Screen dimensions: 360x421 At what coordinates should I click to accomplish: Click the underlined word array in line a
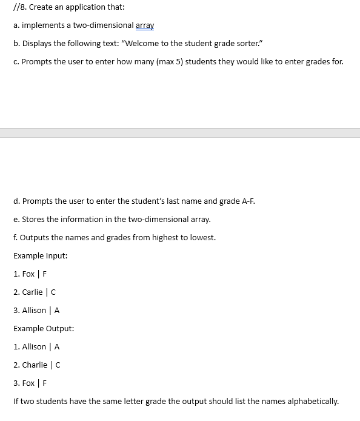[x=145, y=25]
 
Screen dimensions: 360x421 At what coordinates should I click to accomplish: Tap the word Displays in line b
[x=38, y=44]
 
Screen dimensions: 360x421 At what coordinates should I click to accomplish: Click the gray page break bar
[x=180, y=132]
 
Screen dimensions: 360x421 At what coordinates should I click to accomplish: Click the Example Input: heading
[x=40, y=256]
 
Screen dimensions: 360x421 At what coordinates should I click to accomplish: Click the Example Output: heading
[x=44, y=329]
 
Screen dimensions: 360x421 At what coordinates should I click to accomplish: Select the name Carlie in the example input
[x=32, y=292]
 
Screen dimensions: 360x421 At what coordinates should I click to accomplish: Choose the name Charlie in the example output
[x=35, y=365]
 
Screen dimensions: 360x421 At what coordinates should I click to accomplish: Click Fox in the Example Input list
[x=28, y=274]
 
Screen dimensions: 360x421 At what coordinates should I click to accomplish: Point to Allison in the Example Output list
[x=34, y=347]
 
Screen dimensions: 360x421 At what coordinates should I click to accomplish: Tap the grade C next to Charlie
[x=58, y=365]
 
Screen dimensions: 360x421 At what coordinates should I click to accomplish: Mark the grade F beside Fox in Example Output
[x=45, y=383]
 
